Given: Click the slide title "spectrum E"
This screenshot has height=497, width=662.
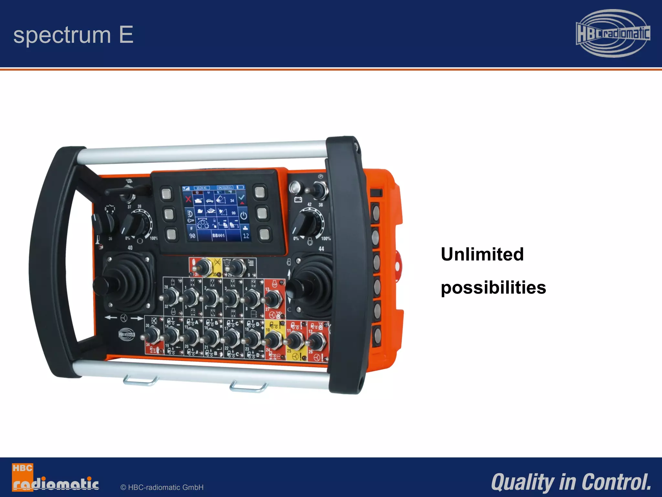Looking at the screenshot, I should point(73,35).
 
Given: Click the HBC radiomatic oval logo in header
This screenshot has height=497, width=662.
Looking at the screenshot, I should point(613,33).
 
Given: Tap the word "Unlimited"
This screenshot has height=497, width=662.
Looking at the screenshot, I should point(482,254).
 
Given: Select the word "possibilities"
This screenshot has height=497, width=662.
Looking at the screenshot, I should point(493,288).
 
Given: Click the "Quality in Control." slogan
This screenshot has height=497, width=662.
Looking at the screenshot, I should point(571,482).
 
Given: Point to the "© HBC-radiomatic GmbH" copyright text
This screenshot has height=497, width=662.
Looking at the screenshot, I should point(162,487).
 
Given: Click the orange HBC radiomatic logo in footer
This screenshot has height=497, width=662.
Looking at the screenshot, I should point(55,478).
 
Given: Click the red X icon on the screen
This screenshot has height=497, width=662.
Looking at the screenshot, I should point(188,199).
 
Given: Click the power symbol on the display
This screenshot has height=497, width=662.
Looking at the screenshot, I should point(243,216).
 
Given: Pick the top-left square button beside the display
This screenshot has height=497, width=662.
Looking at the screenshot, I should point(167,194).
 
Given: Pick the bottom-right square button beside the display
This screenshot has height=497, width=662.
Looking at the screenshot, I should point(264,234).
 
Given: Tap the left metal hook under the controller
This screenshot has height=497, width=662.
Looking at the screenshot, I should point(140,381).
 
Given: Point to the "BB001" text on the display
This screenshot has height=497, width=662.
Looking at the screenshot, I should point(218,236).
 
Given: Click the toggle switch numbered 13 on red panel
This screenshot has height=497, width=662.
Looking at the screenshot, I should point(273,298).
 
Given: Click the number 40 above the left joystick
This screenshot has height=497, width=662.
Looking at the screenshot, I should point(130,248).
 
